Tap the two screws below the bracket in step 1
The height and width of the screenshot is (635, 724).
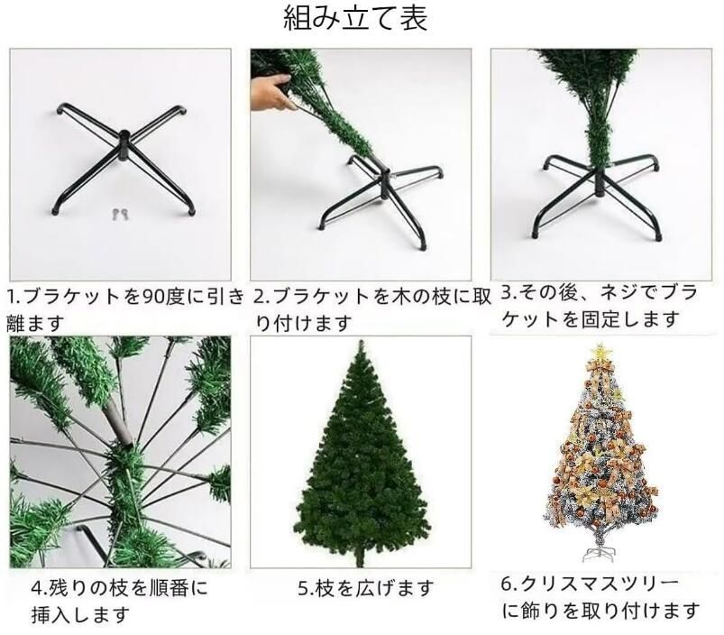point(119,214)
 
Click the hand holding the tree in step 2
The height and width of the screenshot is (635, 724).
point(271,92)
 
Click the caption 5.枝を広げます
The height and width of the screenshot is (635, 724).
point(366,588)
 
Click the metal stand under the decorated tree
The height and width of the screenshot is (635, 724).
point(596,548)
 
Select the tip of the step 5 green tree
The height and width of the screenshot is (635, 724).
point(362,346)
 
